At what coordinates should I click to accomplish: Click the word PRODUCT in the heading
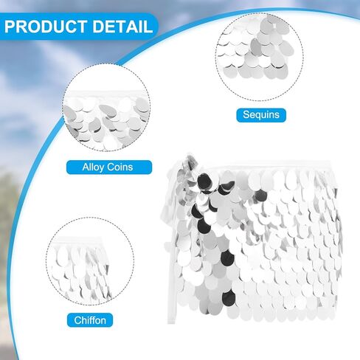(46, 27)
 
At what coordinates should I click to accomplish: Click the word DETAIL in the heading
(122, 27)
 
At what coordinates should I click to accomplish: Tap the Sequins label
(261, 115)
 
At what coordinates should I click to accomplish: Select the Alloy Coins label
(109, 167)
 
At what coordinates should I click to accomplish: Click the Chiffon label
(90, 320)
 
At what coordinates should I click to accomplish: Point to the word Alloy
(93, 167)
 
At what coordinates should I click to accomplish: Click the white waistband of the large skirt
(268, 165)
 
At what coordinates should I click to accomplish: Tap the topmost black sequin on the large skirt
(206, 181)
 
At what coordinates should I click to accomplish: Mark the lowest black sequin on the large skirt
(229, 297)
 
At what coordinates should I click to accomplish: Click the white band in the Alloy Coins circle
(106, 94)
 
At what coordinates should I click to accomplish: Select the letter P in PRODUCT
(10, 27)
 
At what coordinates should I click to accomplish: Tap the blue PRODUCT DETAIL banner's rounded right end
(153, 27)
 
